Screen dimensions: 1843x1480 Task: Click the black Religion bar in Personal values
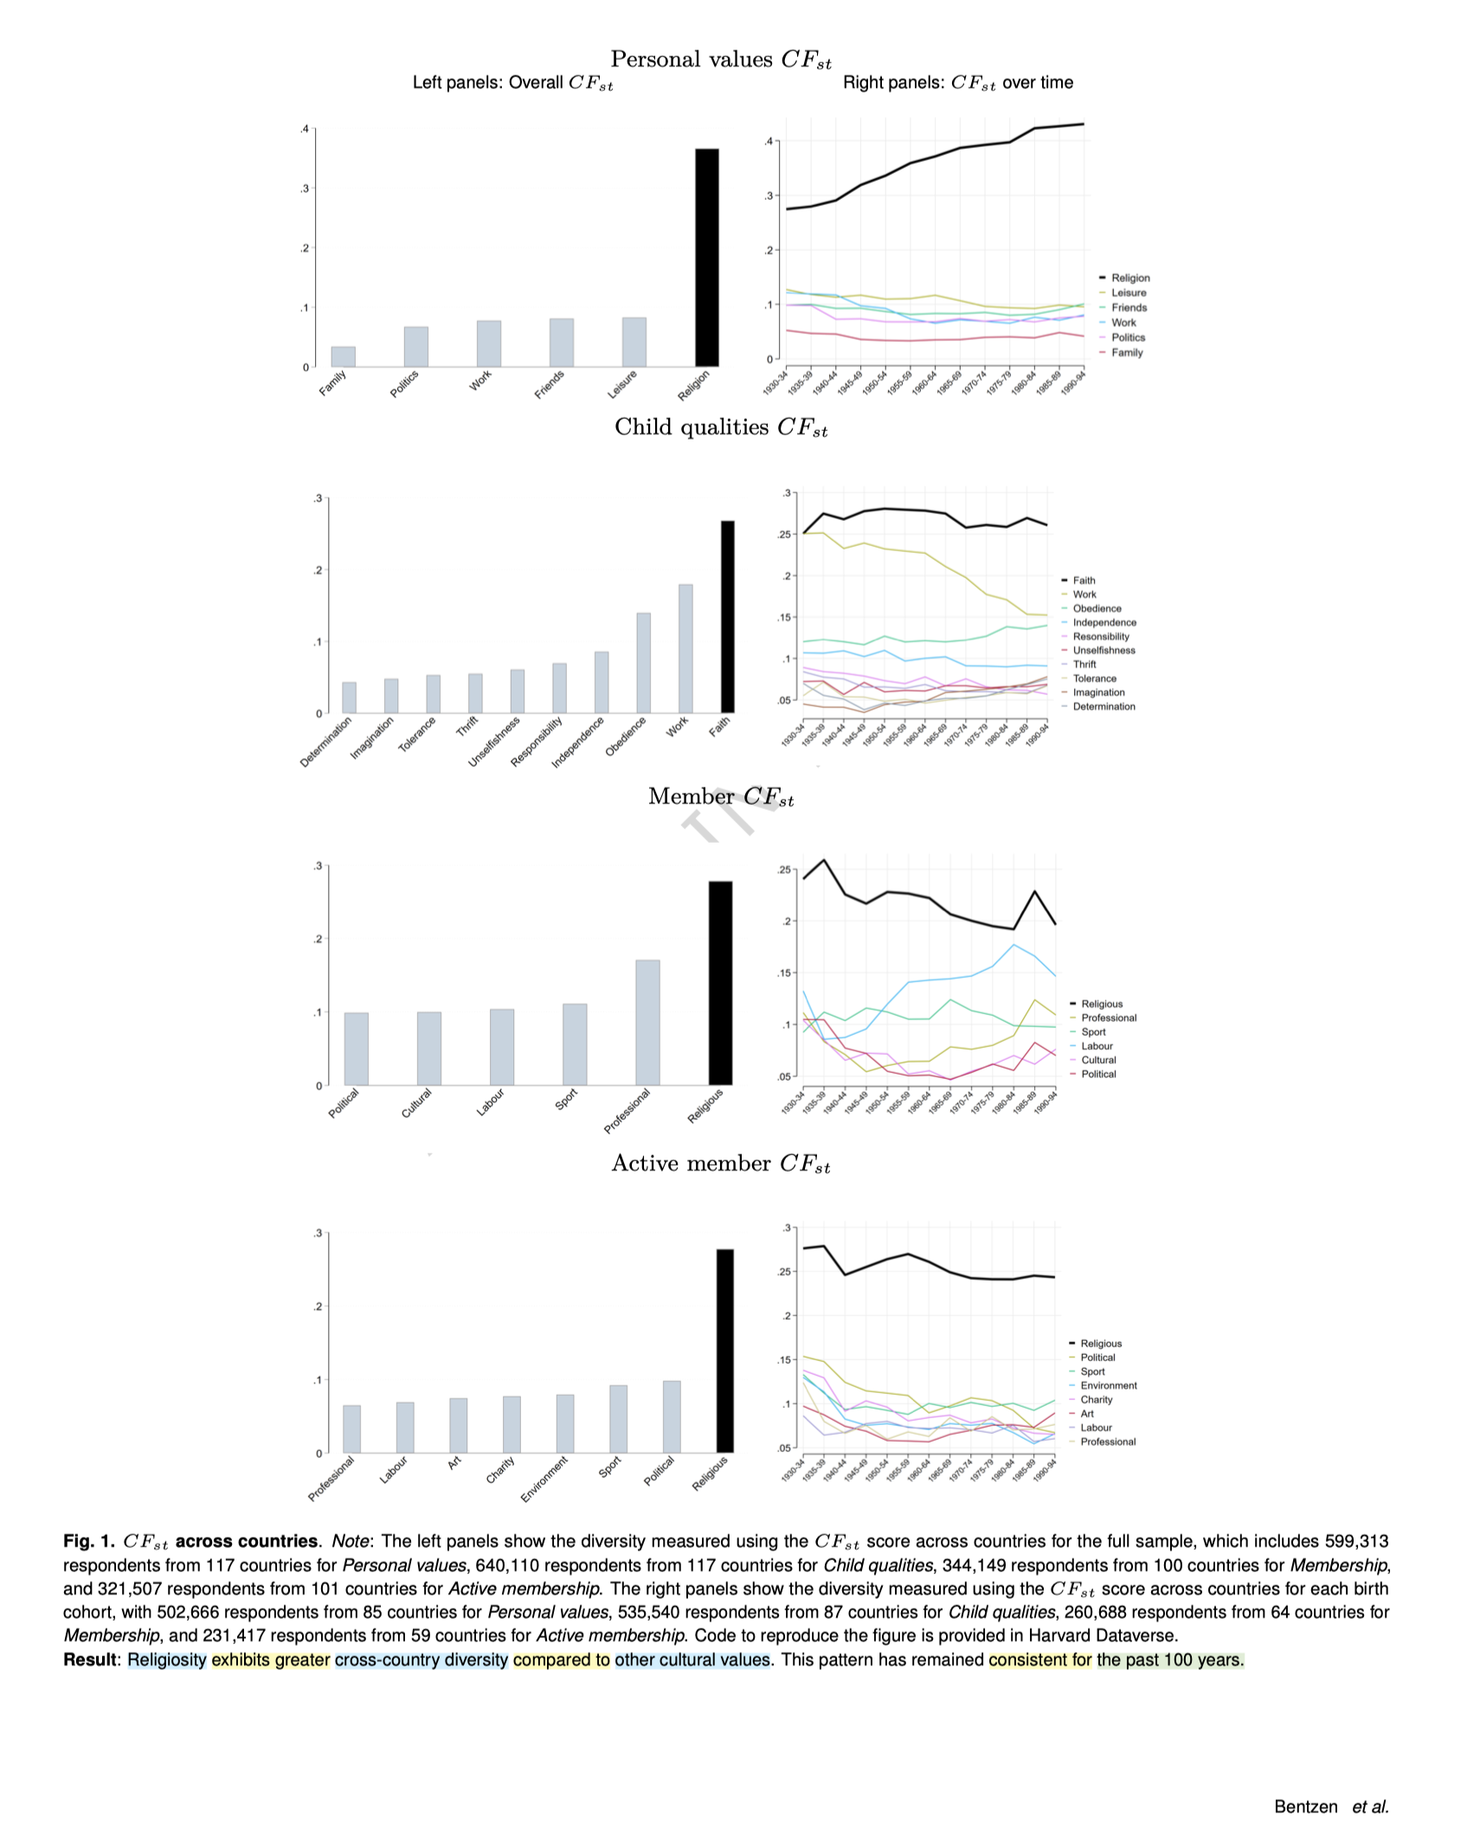click(706, 257)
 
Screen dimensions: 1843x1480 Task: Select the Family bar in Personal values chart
click(343, 356)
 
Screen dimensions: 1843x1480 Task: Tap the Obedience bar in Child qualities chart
click(643, 663)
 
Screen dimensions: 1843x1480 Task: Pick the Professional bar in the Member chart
click(647, 1022)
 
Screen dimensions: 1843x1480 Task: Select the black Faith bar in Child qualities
click(727, 616)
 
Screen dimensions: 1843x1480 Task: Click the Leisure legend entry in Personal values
click(1129, 292)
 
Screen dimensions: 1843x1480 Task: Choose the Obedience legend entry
click(1097, 608)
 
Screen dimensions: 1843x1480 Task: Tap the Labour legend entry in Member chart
click(1097, 1046)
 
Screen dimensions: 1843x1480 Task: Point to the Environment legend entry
click(1108, 1385)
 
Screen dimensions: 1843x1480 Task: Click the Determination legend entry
click(1104, 706)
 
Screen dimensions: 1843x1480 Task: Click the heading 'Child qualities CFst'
click(720, 427)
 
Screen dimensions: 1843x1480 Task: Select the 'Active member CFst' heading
click(720, 1164)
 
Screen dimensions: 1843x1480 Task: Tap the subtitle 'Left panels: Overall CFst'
click(512, 83)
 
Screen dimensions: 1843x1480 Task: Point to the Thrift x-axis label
click(467, 727)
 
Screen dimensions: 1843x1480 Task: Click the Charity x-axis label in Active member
click(501, 1469)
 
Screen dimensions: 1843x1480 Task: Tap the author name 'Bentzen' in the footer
click(1305, 1807)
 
